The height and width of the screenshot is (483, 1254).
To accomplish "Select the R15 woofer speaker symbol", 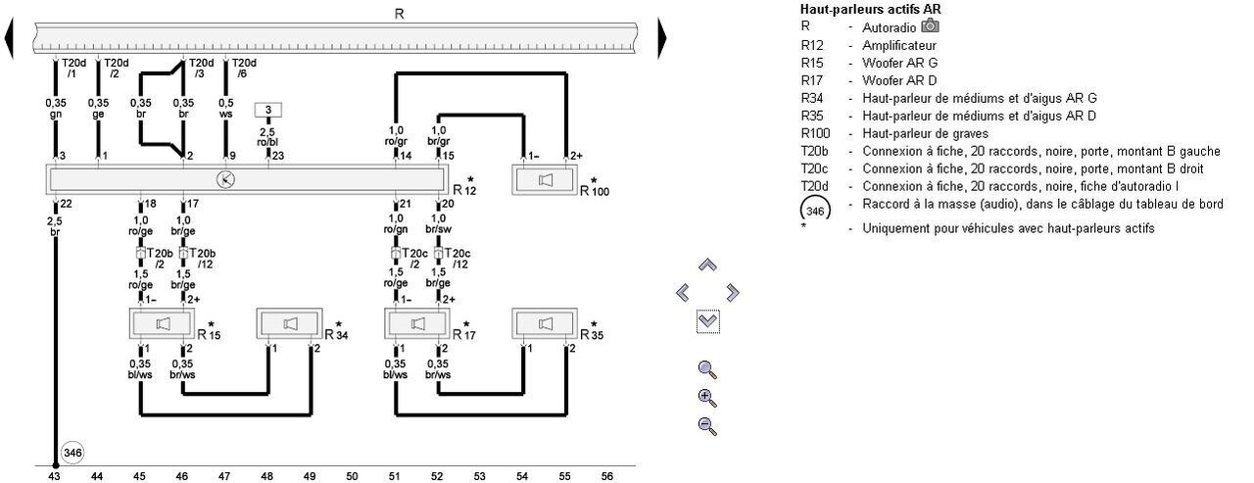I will pos(163,322).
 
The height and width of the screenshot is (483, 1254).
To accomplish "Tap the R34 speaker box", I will pos(290,322).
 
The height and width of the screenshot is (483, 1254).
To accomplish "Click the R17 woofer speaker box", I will pos(418,322).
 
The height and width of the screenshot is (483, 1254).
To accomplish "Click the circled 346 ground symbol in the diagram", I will pos(72,453).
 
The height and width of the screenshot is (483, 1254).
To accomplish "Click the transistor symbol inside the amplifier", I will pos(225,179).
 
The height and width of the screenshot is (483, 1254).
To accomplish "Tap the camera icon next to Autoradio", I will pos(930,24).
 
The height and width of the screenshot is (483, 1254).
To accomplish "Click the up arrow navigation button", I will pos(707,266).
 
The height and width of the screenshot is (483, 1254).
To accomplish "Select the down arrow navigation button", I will pos(707,320).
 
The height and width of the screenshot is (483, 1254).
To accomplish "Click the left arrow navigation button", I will pos(683,293).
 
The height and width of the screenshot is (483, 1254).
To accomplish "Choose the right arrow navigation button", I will pos(733,293).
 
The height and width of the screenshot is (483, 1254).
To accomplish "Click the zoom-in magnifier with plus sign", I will pos(707,398).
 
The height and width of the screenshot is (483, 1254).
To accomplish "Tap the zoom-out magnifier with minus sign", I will pos(707,425).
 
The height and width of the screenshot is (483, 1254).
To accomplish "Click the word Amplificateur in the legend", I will pos(899,45).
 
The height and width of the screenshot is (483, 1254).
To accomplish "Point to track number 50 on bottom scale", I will pos(352,475).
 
